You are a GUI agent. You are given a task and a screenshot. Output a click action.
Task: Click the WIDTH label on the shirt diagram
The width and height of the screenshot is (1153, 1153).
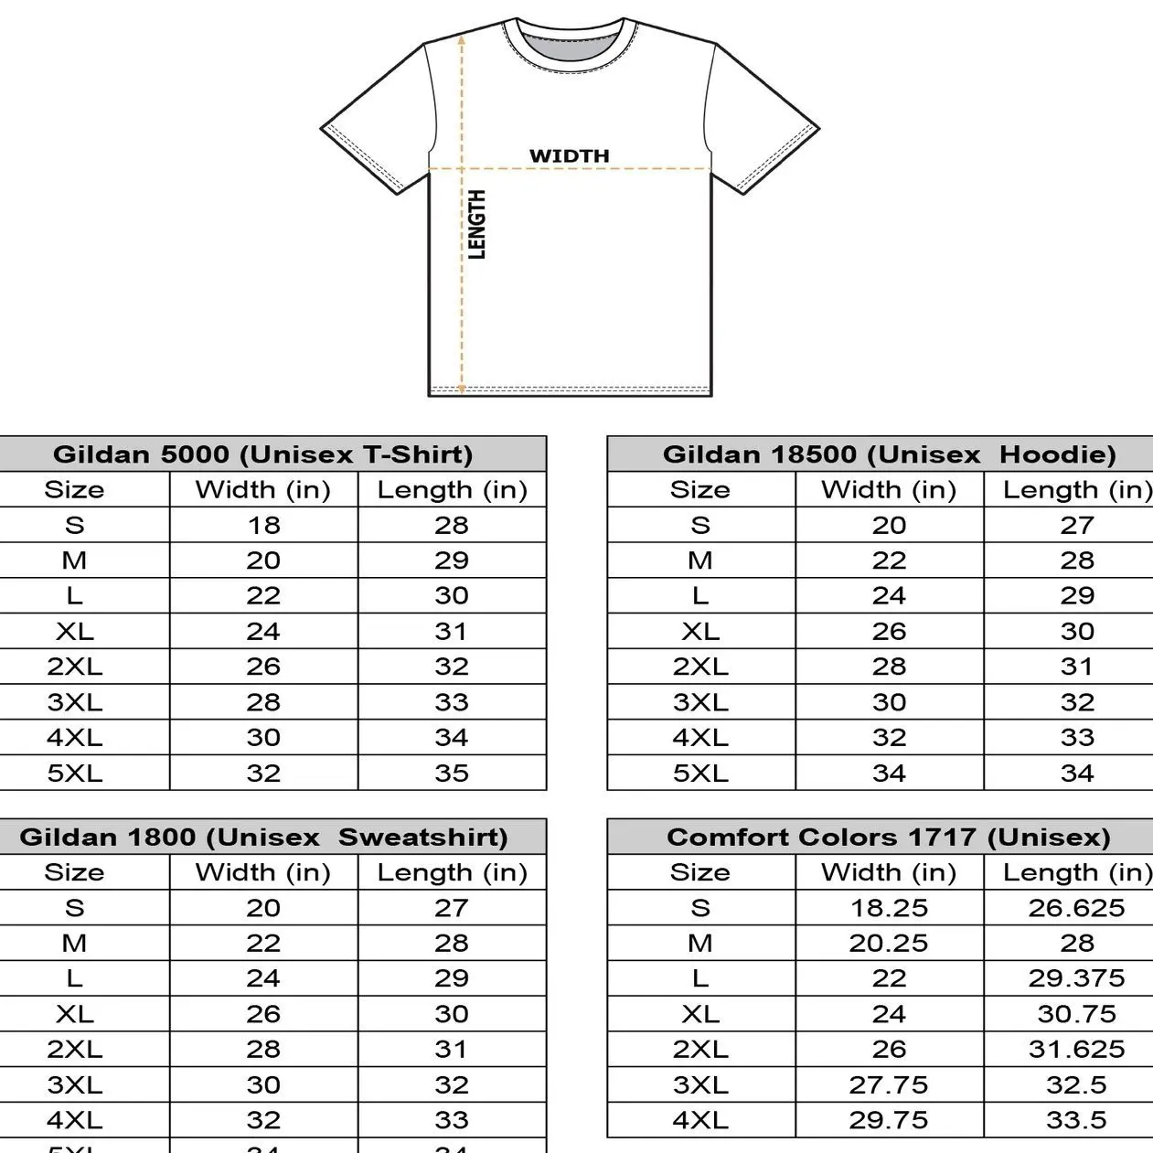pos(569,155)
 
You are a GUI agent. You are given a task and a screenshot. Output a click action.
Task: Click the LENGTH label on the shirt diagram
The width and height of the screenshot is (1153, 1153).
pos(476,225)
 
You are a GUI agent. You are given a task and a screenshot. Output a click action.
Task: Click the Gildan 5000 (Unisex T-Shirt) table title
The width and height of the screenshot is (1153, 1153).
pos(263,454)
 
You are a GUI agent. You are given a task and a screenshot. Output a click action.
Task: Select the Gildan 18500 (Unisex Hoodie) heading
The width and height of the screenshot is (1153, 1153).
pos(889,454)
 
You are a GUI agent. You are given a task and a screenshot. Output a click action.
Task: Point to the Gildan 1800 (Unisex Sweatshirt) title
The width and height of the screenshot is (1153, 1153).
pos(263,838)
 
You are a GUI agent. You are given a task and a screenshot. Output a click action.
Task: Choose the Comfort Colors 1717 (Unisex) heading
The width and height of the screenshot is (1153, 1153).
pos(889,838)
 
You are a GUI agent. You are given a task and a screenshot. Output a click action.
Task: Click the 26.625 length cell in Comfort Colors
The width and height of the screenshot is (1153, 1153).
pos(1076,908)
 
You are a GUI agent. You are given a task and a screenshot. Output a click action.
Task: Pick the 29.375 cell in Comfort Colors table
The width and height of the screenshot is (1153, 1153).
pos(1076,978)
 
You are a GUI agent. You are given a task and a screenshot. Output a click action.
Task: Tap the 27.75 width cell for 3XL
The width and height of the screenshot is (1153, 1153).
pos(888,1085)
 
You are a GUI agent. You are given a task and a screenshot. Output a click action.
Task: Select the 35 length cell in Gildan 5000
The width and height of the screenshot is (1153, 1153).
pos(452,774)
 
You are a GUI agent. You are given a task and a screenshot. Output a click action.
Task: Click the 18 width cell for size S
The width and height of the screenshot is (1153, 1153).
pos(263,525)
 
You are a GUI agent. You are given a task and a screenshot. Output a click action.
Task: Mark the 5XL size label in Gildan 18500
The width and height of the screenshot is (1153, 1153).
pos(700,774)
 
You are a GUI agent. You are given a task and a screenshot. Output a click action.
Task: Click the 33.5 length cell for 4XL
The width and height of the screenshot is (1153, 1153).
pos(1076,1120)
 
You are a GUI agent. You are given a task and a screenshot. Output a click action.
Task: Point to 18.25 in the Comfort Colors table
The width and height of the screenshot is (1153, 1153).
pos(888,908)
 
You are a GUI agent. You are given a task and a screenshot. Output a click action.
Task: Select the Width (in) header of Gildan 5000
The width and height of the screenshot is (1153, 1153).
pos(263,490)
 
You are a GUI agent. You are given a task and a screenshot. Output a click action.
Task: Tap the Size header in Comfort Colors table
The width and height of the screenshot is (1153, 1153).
pos(700,872)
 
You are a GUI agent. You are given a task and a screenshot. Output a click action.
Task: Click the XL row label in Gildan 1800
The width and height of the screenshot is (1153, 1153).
pos(75,1014)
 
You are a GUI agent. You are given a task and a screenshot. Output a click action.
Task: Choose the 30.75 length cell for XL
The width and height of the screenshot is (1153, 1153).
pos(1076,1014)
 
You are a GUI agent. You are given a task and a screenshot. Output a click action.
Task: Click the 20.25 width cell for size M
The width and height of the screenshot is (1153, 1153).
pos(888,943)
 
